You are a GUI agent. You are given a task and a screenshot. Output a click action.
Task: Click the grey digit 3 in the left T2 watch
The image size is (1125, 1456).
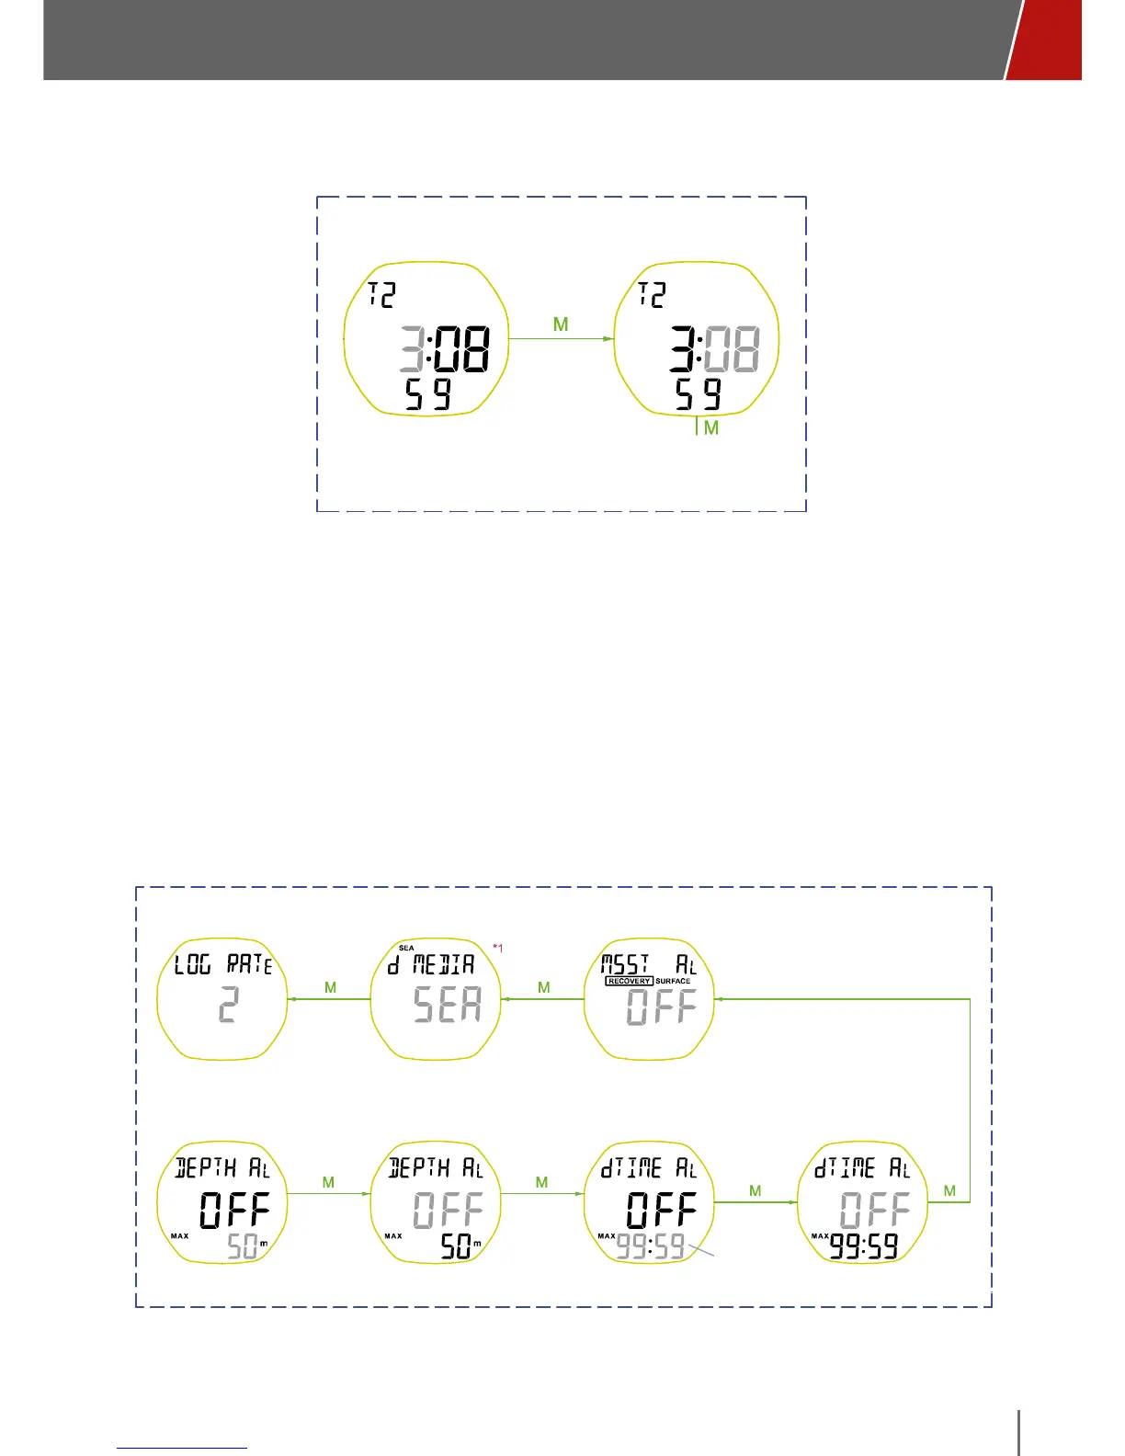412,349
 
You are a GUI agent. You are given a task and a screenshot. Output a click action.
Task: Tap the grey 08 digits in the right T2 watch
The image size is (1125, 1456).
732,349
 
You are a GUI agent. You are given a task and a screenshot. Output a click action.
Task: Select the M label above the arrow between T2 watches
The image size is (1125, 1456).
561,324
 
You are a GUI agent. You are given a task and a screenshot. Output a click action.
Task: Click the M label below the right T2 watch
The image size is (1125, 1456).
710,428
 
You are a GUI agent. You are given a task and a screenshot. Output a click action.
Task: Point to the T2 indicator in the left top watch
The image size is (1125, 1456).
381,294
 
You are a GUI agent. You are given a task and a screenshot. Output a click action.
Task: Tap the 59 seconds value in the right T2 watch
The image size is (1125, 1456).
699,394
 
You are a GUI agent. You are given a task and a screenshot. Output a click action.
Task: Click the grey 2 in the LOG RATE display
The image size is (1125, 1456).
228,1005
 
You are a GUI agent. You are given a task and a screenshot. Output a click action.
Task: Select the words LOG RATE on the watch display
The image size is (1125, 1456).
223,965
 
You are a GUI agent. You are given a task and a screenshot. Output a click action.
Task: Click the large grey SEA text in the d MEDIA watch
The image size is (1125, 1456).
448,1005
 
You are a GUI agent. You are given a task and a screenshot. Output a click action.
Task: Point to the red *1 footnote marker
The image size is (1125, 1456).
497,948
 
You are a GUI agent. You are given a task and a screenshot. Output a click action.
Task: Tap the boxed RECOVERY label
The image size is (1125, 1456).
629,981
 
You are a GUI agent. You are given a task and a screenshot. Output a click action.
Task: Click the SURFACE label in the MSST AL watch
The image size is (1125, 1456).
673,981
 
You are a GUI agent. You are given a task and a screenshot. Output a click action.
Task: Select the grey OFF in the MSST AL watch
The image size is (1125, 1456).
661,1007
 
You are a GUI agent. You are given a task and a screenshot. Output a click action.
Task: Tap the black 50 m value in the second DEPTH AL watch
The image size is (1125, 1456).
459,1246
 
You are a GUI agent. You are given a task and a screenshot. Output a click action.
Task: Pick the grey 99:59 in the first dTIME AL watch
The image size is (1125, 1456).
651,1246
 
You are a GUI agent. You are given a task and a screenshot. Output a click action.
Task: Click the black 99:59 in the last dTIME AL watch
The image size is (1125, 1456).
864,1246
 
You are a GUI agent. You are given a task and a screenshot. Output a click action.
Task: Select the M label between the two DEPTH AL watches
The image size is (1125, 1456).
328,1182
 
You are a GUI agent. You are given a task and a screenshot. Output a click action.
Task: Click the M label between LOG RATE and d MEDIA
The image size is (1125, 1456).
330,987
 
